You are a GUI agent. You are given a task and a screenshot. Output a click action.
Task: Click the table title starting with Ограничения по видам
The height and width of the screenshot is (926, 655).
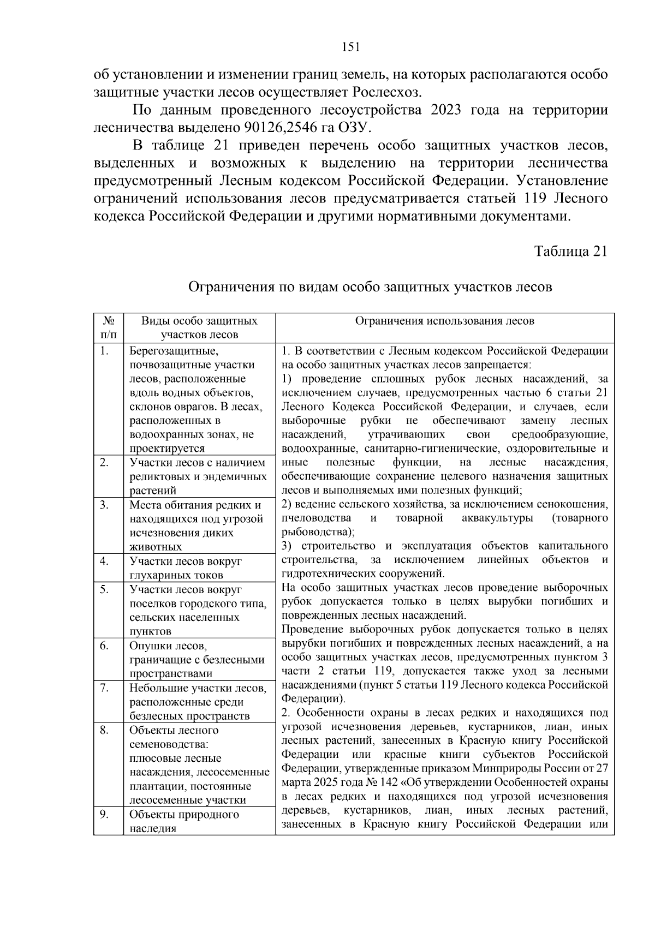[x=370, y=287]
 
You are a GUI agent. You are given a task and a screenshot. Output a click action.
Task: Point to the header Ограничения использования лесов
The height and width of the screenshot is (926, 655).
[x=445, y=321]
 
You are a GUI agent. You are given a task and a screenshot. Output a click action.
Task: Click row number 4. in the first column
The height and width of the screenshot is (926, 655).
[x=104, y=561]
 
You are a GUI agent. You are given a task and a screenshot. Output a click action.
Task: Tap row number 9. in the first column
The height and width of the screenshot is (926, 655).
[x=104, y=814]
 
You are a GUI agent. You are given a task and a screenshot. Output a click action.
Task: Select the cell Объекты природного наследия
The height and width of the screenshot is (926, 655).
[x=184, y=821]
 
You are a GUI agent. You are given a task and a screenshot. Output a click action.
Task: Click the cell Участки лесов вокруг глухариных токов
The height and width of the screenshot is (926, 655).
[x=186, y=568]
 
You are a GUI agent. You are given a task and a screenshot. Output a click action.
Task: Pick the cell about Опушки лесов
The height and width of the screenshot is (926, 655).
[x=196, y=660]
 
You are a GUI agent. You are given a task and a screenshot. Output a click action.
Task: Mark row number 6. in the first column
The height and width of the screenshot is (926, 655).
[x=104, y=646]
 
